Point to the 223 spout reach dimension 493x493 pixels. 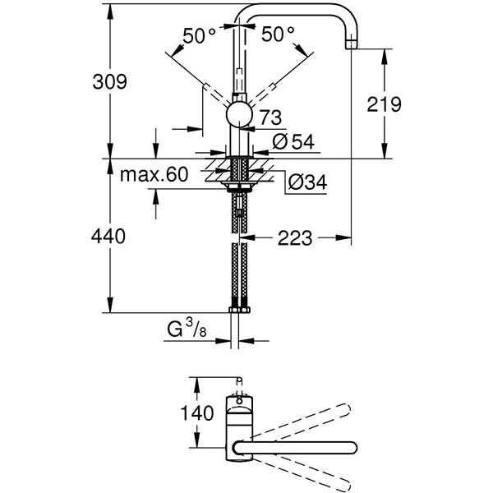click(x=293, y=237)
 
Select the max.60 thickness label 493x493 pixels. click(x=154, y=173)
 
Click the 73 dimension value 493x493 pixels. click(x=270, y=117)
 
